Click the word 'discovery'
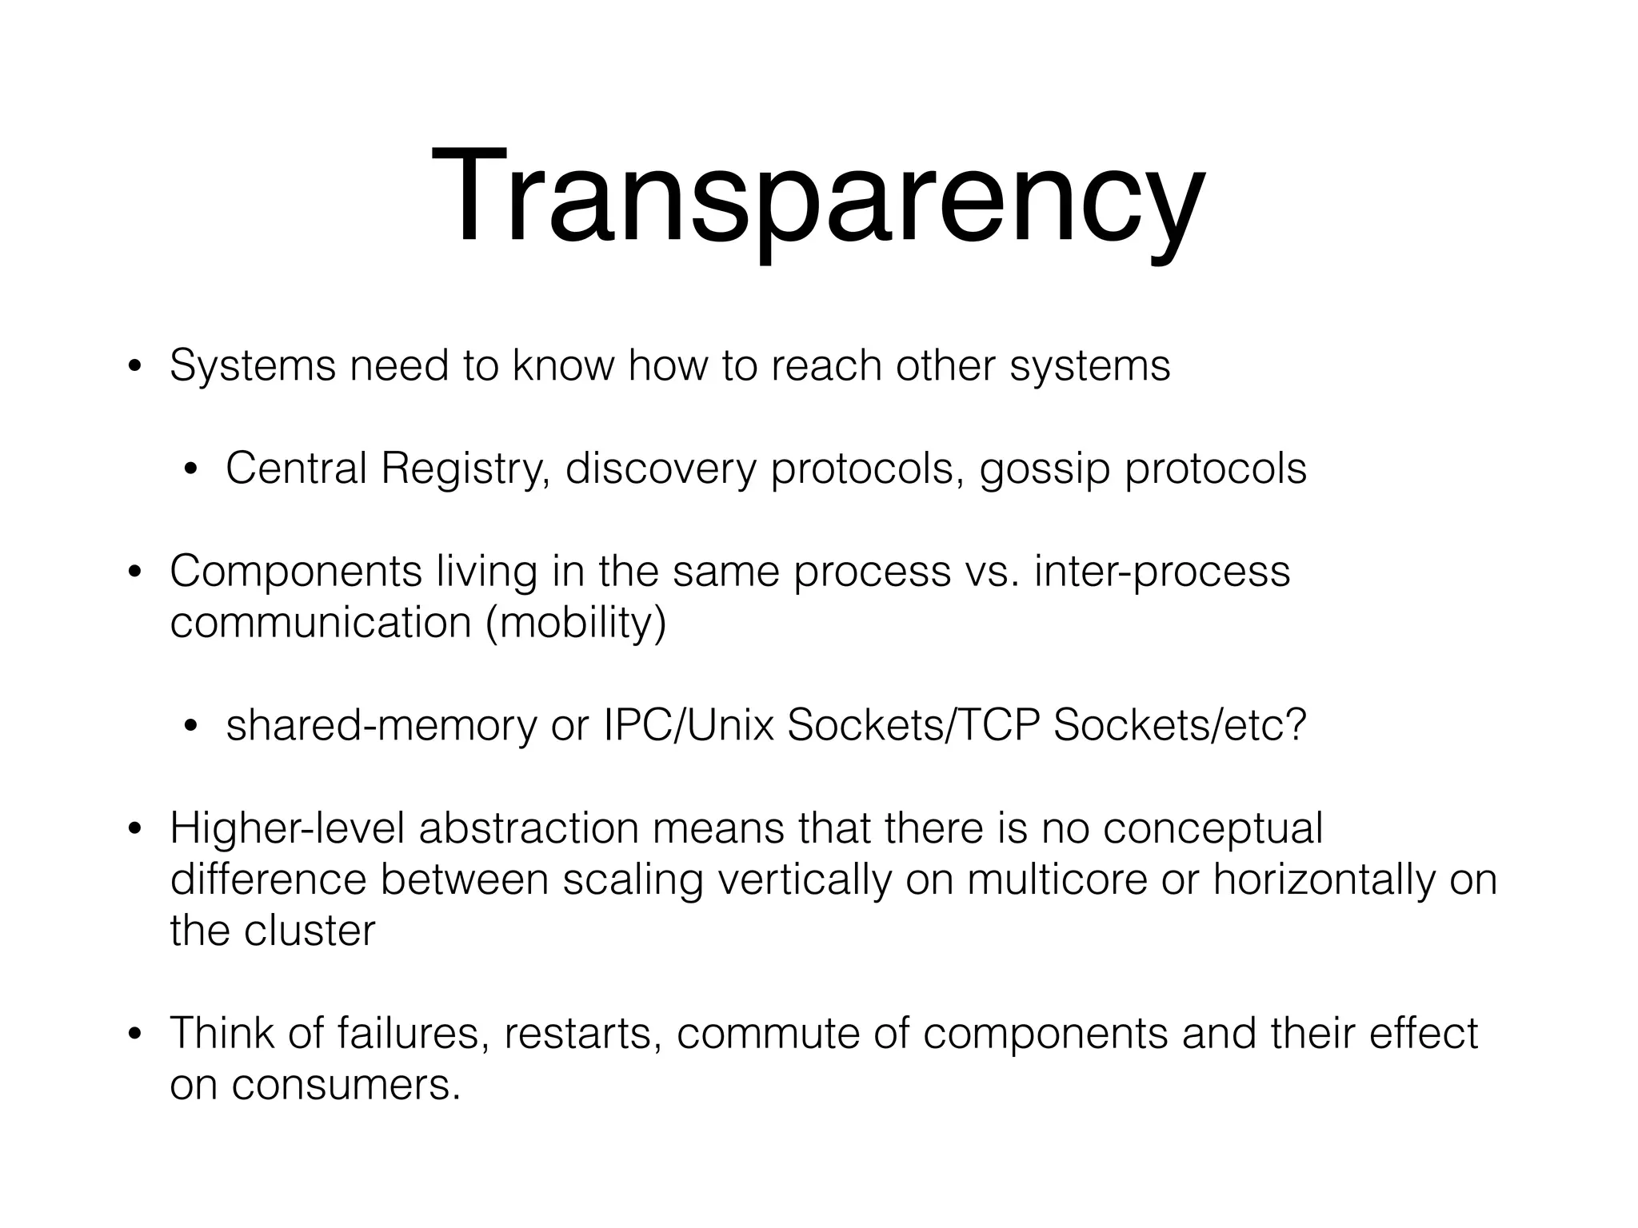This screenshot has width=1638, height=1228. tap(660, 468)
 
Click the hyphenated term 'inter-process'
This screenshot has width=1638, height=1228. tap(1161, 572)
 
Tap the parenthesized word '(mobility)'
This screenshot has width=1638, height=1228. tap(576, 622)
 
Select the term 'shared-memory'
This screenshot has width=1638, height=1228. tap(382, 725)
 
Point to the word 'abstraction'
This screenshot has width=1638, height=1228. tap(529, 828)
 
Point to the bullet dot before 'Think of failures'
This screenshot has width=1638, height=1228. tap(134, 1035)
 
